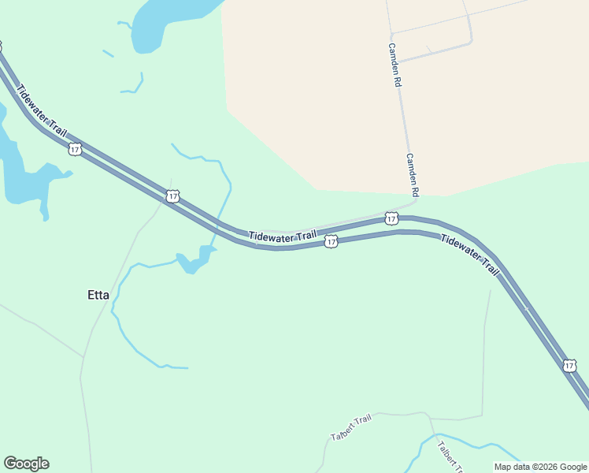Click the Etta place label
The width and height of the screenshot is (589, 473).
98,296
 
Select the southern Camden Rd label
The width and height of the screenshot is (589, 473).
412,173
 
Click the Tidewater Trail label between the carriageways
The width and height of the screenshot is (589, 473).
283,236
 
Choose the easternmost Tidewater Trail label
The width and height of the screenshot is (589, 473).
470,255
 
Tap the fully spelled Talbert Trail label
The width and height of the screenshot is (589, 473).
350,427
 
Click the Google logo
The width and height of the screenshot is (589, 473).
27,464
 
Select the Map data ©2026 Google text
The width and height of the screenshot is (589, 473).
540,467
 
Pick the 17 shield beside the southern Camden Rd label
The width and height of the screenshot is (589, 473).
391,218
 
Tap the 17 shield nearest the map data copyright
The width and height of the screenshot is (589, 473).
569,366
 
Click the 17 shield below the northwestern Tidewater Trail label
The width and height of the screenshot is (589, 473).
75,148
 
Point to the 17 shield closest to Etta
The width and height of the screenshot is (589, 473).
172,196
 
